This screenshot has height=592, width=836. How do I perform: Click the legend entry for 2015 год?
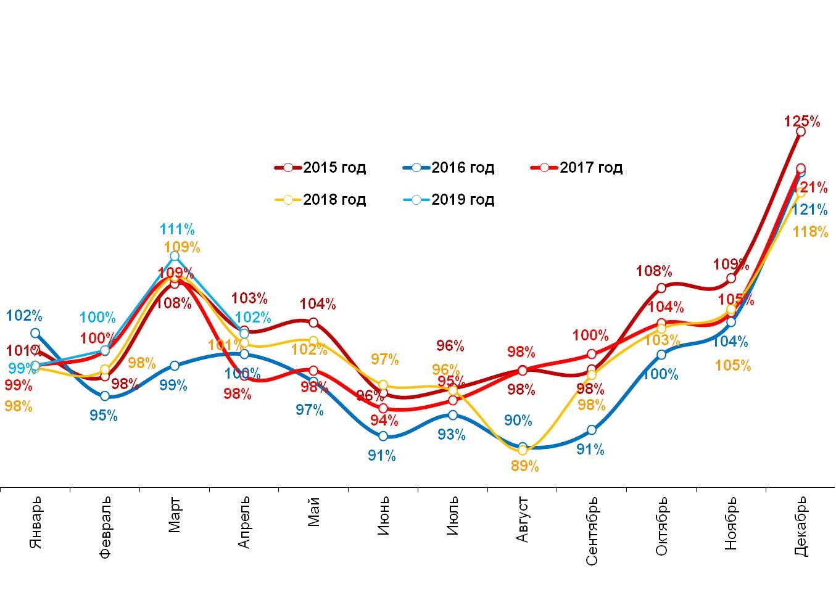point(321,168)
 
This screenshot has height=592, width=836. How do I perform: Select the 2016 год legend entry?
point(449,168)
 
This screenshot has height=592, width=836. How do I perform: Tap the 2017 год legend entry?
point(577,168)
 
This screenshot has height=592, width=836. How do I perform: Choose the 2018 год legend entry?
point(321,200)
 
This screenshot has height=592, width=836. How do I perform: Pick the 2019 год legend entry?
point(449,200)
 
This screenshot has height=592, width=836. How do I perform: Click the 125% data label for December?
point(802,122)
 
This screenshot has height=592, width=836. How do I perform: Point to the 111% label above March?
point(177,230)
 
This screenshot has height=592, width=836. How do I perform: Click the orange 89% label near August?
point(525,466)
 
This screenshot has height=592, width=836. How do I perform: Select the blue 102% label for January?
point(24,316)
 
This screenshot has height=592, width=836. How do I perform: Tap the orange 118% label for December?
point(810,232)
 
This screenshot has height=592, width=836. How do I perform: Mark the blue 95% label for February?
point(103,416)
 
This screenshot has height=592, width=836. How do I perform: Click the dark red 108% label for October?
point(654,271)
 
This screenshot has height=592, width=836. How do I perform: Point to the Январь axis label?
point(36,522)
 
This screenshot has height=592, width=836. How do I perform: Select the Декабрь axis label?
point(800,526)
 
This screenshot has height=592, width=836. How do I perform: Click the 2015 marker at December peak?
point(800,131)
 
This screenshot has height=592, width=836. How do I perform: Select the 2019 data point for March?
point(175,256)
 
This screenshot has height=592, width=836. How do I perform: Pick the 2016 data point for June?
point(383,436)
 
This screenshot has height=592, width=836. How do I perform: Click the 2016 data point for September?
point(592,430)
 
